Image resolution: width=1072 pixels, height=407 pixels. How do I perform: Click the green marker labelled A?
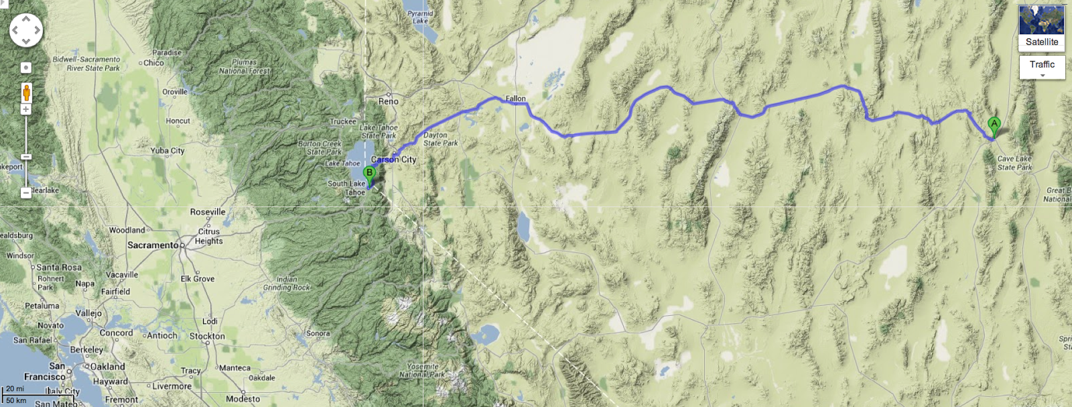[994, 125]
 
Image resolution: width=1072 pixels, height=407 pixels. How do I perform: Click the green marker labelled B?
[369, 174]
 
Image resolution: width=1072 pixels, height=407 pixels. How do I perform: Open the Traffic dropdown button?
[1042, 67]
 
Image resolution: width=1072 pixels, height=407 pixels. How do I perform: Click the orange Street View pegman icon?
[26, 92]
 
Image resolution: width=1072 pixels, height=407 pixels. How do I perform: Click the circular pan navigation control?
[26, 30]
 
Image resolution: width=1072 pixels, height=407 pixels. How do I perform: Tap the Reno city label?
[388, 101]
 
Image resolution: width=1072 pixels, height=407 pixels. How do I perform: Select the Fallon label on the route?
[515, 99]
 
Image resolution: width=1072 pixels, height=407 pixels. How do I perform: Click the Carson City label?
[394, 160]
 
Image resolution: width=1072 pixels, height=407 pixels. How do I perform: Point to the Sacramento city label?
[153, 245]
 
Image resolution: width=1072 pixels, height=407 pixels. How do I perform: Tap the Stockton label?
[207, 336]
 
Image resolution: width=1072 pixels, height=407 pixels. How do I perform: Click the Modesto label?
[243, 399]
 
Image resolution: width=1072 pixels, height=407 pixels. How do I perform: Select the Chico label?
[153, 63]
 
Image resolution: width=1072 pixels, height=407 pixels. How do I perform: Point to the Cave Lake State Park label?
[1014, 163]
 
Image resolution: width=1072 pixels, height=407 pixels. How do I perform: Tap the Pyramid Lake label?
[420, 17]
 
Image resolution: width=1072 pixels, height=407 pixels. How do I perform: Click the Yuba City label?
[167, 151]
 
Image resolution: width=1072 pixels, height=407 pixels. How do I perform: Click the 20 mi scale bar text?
[15, 389]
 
